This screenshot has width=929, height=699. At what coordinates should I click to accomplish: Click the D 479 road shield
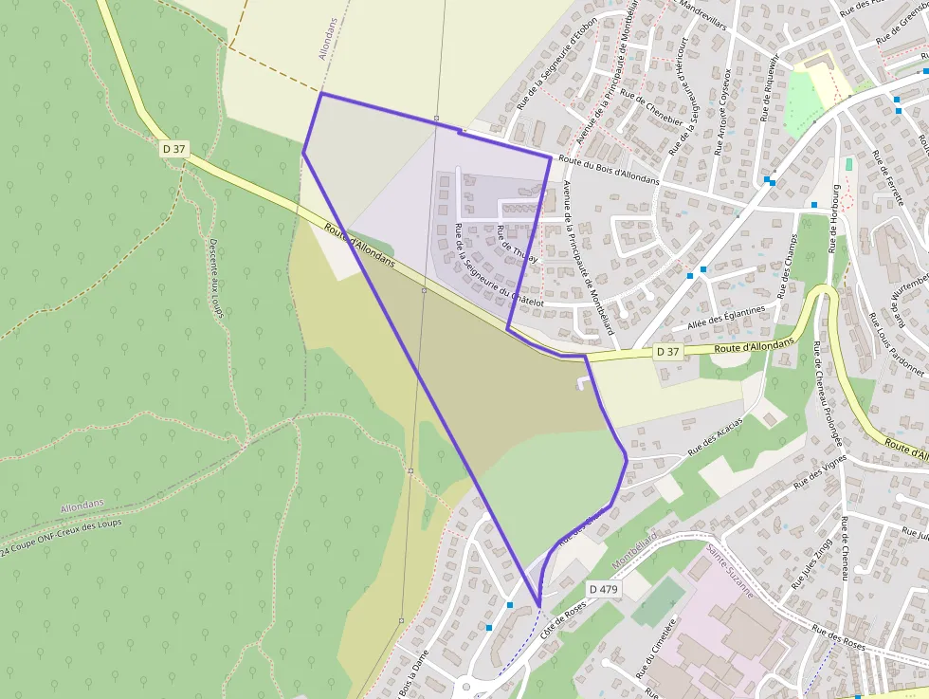603,589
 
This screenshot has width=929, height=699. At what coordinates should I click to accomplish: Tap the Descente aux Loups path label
216,276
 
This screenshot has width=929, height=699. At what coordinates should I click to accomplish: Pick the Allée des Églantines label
726,318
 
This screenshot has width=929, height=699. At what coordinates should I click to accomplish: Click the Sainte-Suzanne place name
730,570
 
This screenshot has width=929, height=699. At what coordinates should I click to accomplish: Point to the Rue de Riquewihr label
769,87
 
